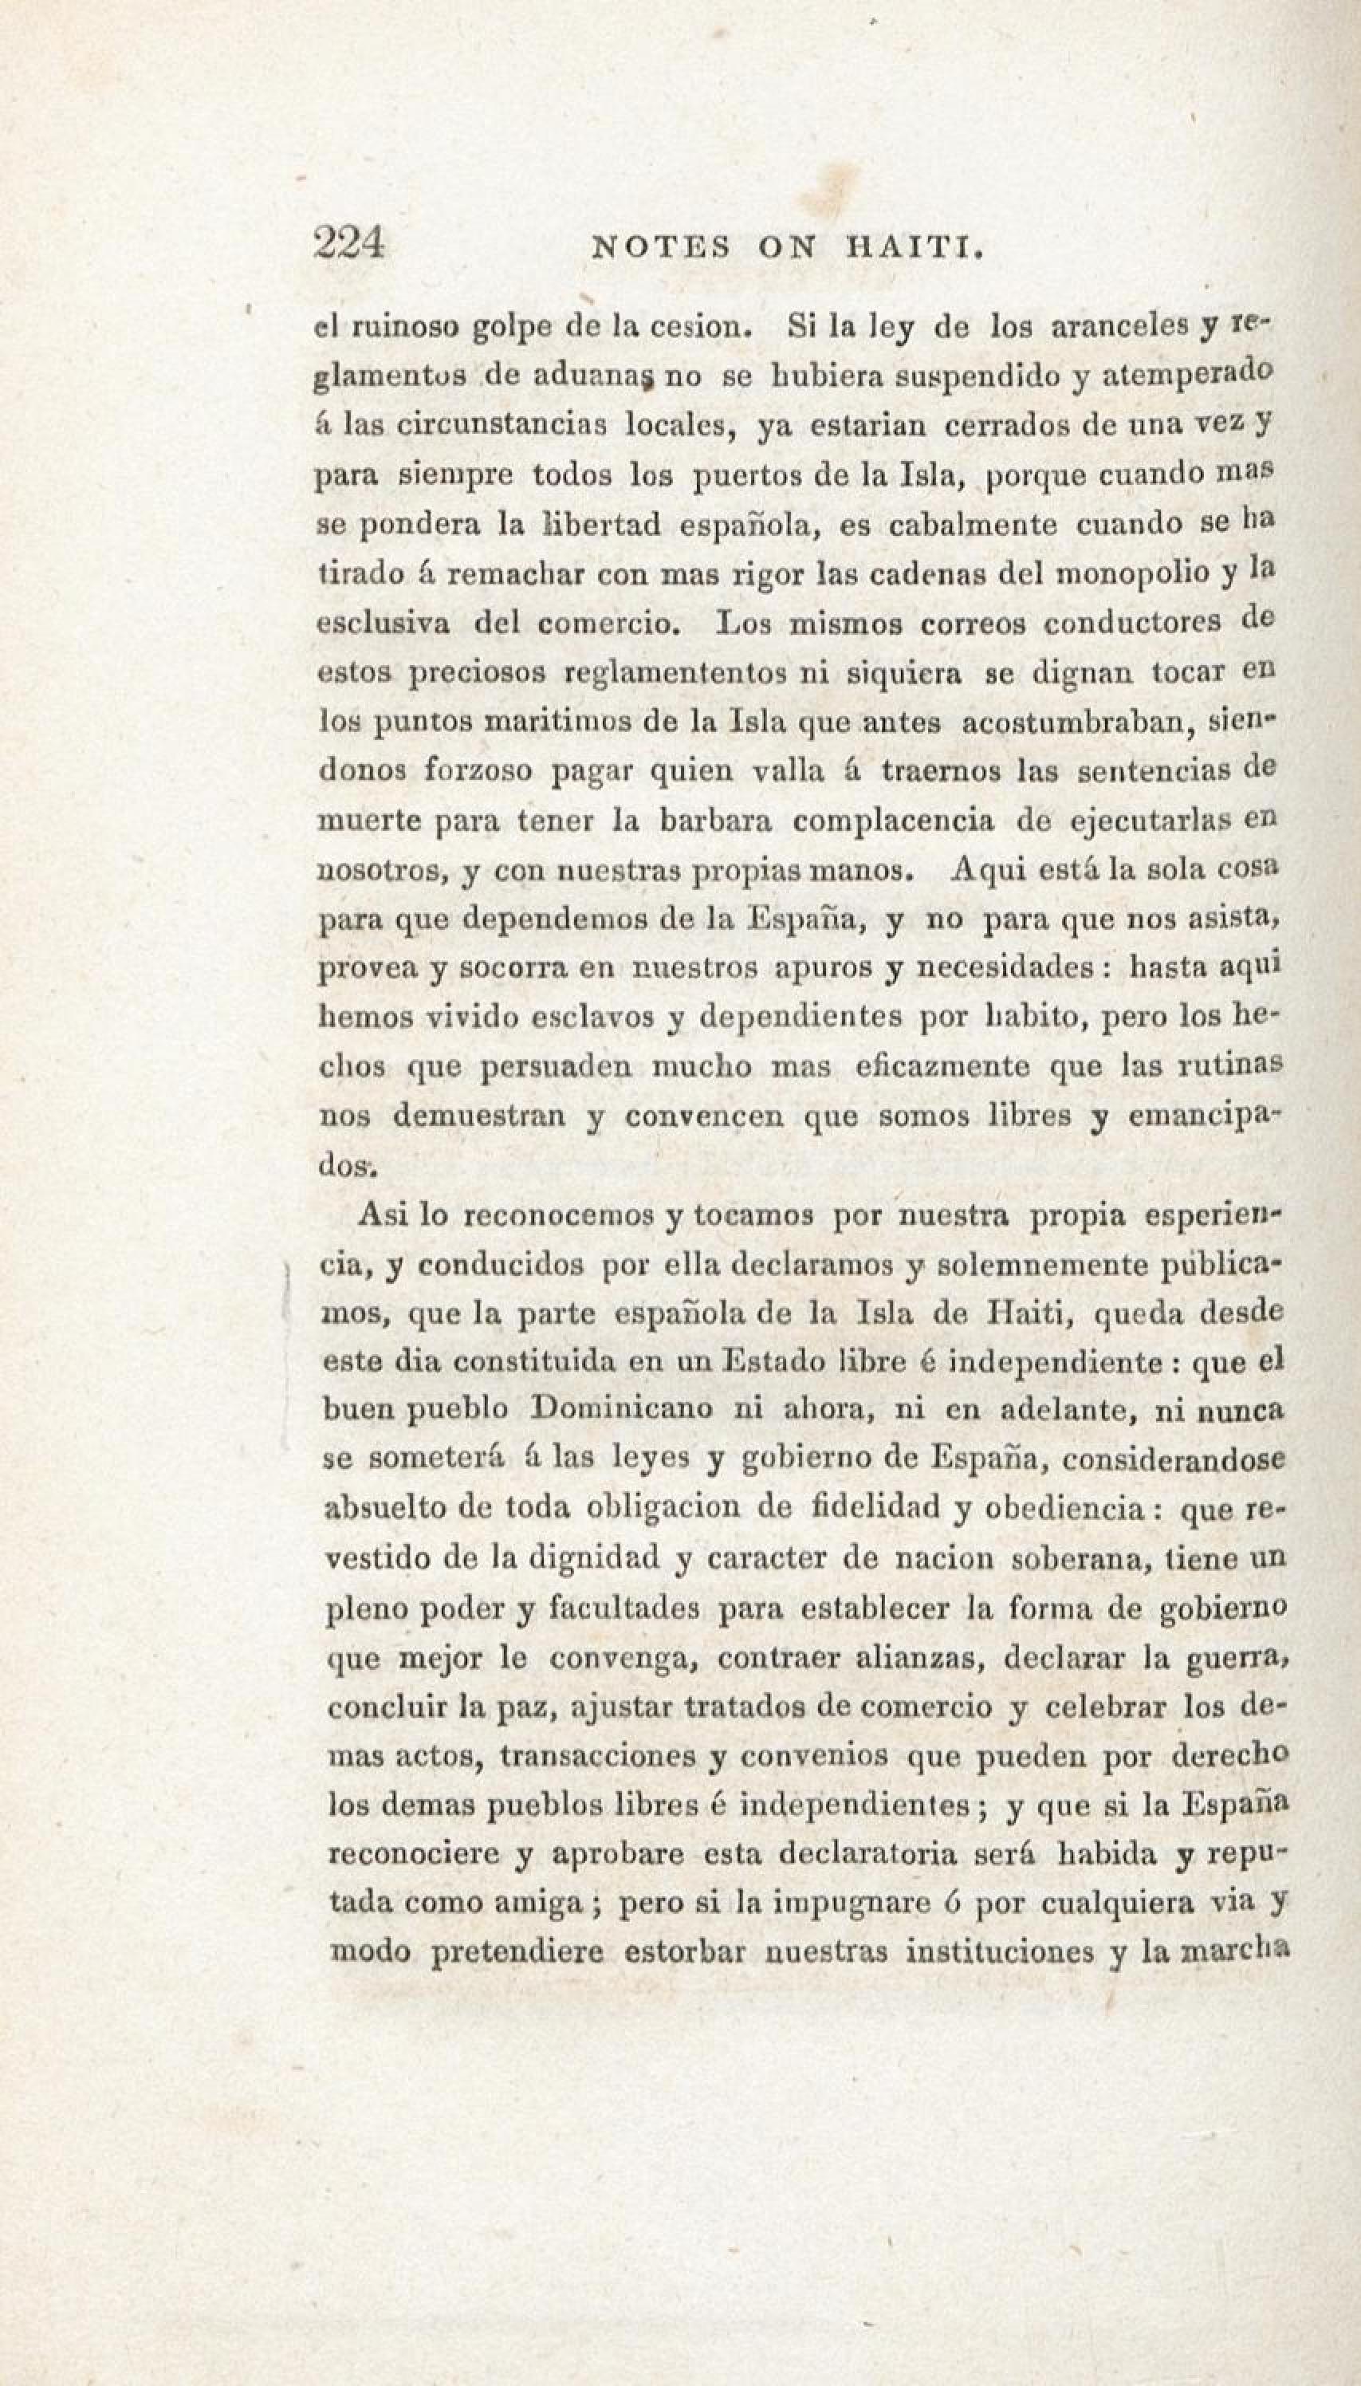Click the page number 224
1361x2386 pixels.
coord(349,244)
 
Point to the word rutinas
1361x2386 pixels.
coord(1227,1066)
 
